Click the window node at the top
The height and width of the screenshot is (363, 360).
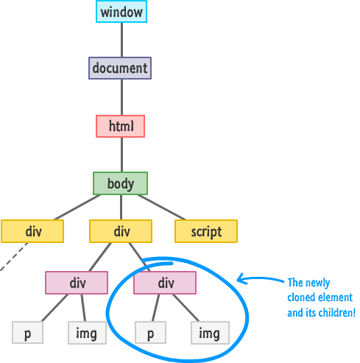121,12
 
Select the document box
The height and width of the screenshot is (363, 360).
120,68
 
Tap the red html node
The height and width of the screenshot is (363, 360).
121,126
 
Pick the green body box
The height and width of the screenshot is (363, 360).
120,183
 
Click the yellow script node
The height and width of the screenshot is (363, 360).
206,231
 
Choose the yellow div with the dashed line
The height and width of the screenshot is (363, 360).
32,231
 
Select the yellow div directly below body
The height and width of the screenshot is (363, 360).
121,231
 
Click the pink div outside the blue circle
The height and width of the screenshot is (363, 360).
77,283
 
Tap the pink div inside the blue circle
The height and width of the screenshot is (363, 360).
165,283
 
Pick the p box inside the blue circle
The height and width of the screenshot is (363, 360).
151,333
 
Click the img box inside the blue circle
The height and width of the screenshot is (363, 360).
211,333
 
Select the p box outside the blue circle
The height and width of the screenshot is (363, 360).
27,333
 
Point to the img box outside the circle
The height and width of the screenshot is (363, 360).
87,333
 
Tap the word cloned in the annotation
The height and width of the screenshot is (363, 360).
300,297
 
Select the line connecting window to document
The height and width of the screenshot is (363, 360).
121,40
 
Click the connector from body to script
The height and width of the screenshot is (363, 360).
161,207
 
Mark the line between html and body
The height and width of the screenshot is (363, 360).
121,155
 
